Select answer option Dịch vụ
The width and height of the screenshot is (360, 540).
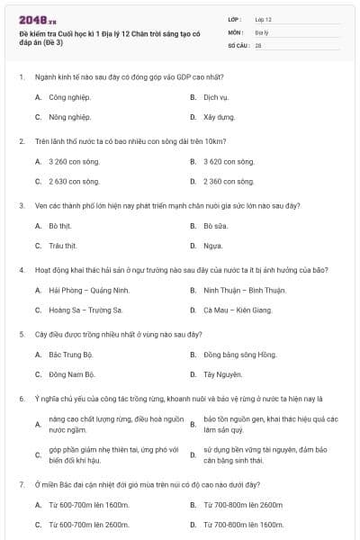tap(215, 96)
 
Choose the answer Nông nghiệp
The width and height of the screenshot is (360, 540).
tap(70, 117)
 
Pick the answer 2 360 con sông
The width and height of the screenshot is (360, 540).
tap(229, 181)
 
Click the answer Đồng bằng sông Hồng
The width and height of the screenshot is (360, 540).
tap(239, 355)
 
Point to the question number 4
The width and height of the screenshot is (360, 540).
tap(22, 270)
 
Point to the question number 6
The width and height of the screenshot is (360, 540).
tap(22, 398)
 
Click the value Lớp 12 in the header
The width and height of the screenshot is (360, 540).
tap(263, 19)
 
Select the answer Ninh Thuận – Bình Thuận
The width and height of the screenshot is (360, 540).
tap(244, 290)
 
